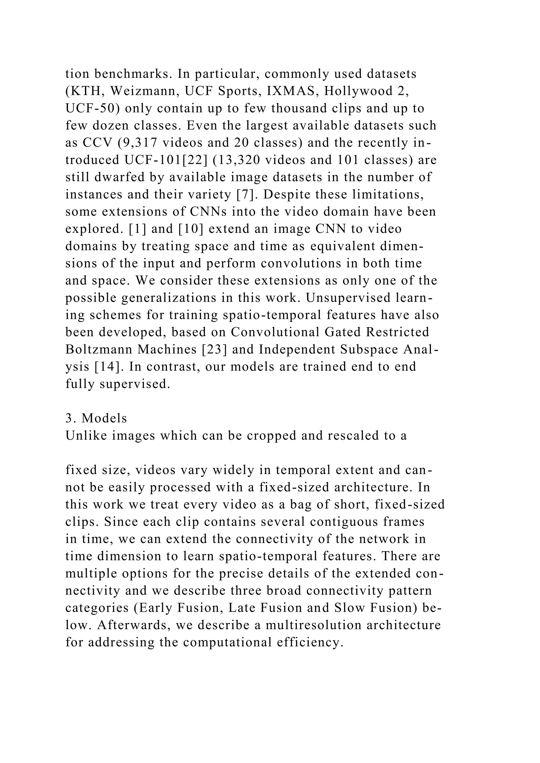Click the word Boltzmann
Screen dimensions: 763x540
99,350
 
